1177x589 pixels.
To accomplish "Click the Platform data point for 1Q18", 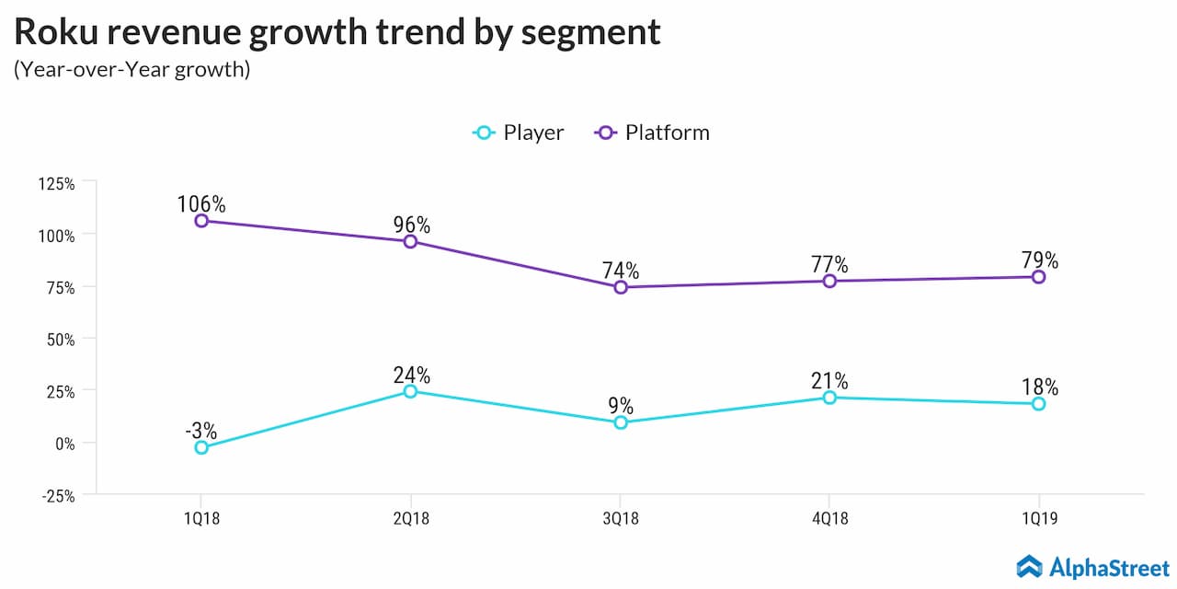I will tap(201, 221).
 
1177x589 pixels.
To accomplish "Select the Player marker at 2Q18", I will tap(410, 391).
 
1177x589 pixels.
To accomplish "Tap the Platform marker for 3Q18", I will tap(621, 287).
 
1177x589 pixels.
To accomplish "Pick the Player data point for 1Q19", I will tap(1038, 404).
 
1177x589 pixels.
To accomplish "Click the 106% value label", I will tap(201, 203).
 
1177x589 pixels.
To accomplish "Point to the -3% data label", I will tap(201, 430).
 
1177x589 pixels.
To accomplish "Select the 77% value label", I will tap(829, 264).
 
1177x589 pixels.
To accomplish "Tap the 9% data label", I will tap(621, 406).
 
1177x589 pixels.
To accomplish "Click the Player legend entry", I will tap(519, 133).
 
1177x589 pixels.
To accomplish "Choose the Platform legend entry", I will tap(653, 133).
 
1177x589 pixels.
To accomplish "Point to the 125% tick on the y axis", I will tap(57, 183).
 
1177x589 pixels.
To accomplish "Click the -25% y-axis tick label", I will tap(57, 495).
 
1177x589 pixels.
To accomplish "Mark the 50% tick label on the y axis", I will tap(60, 339).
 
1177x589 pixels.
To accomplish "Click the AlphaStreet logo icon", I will tap(1029, 566).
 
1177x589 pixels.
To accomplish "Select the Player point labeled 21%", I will tap(829, 398).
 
